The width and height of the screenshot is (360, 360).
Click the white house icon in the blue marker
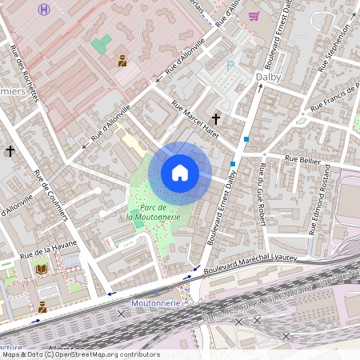pos(180,173)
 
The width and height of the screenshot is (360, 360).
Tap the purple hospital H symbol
pos(44,9)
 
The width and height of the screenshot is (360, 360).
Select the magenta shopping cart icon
pos(254,16)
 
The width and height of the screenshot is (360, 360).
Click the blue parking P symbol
pos(231,66)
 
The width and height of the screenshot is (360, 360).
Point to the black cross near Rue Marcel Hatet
pos(216,118)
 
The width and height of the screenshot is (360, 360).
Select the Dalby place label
pos(270,77)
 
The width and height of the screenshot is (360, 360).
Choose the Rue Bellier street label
pos(302,159)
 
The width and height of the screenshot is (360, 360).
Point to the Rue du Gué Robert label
pos(262,195)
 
